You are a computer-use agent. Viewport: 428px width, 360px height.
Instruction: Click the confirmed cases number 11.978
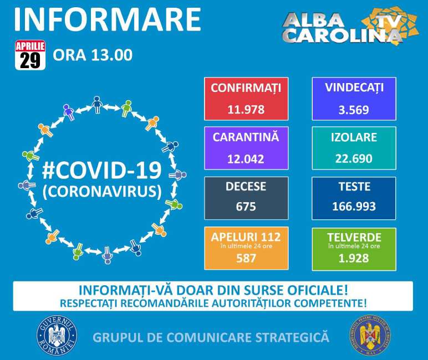[x=246, y=109]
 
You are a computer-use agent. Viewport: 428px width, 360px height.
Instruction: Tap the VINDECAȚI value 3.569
[x=354, y=109]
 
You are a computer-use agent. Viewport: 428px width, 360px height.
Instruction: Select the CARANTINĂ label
[x=246, y=137]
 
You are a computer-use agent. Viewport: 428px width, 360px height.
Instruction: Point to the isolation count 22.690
[x=354, y=158]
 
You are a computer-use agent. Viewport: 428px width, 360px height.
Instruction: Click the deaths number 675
[x=246, y=207]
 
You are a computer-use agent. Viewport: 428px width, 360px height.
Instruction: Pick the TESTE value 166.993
[x=354, y=207]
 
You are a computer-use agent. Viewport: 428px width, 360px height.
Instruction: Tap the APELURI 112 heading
[x=246, y=237]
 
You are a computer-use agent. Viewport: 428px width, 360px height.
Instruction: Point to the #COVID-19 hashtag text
[x=102, y=169]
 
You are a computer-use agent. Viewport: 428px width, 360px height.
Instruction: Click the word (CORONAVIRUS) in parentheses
[x=102, y=191]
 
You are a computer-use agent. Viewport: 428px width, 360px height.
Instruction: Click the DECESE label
[x=246, y=187]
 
